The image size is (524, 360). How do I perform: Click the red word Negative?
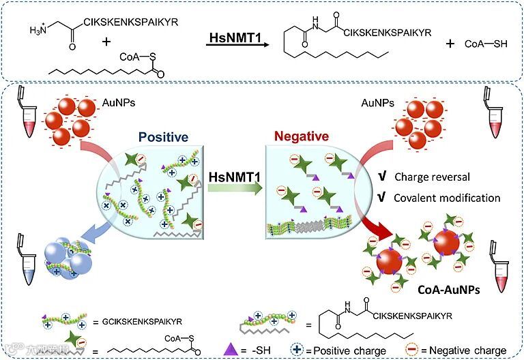click(301, 137)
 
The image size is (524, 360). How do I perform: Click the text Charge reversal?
click(432, 177)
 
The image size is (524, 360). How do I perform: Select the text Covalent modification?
click(447, 198)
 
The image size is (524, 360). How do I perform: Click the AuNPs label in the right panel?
click(377, 103)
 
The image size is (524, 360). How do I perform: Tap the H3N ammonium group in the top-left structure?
click(42, 31)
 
